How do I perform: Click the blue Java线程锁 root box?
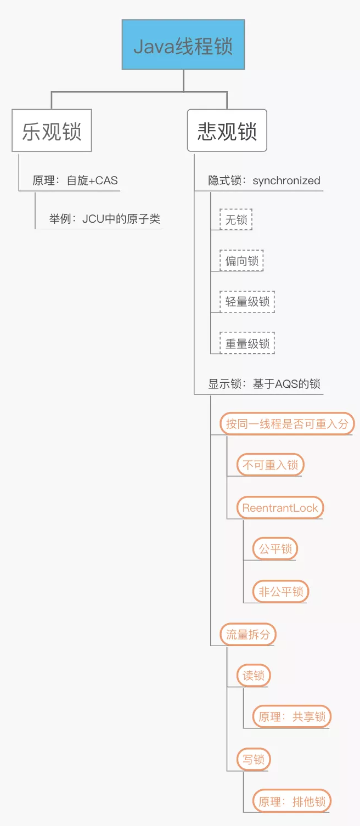pyautogui.click(x=183, y=45)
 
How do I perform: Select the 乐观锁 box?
pyautogui.click(x=52, y=131)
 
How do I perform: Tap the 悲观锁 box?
pyautogui.click(x=227, y=131)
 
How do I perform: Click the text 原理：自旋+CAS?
pyautogui.click(x=75, y=180)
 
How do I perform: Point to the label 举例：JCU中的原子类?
pyautogui.click(x=105, y=219)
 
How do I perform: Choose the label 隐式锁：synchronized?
pyautogui.click(x=264, y=180)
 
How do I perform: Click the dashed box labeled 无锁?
pyautogui.click(x=236, y=220)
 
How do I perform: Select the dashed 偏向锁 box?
pyautogui.click(x=241, y=261)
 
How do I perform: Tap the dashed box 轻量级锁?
pyautogui.click(x=247, y=302)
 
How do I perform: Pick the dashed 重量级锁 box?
pyautogui.click(x=247, y=343)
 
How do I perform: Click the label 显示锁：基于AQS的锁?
pyautogui.click(x=264, y=384)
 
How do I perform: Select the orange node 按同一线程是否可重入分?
pyautogui.click(x=287, y=423)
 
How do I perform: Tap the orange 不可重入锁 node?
pyautogui.click(x=270, y=465)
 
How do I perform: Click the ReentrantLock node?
pyautogui.click(x=280, y=507)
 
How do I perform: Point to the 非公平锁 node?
pyautogui.click(x=281, y=591)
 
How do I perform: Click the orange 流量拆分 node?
pyautogui.click(x=248, y=635)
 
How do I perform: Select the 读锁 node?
pyautogui.click(x=254, y=676)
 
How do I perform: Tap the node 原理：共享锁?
pyautogui.click(x=292, y=716)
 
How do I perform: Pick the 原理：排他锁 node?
pyautogui.click(x=292, y=801)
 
